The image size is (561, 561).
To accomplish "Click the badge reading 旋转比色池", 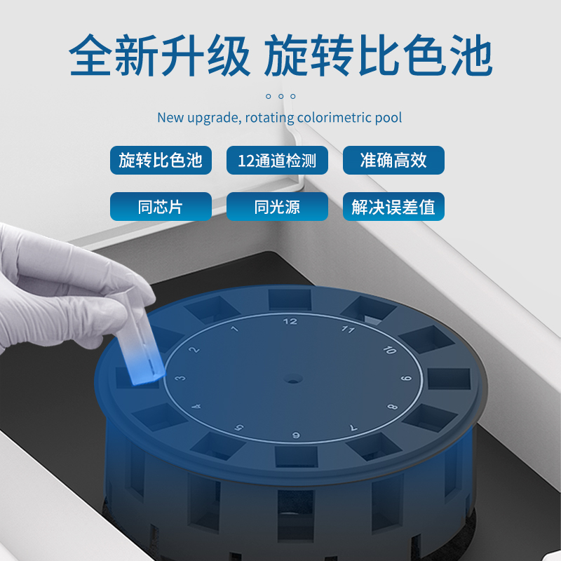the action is [x=161, y=160].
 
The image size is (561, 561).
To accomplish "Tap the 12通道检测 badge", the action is [x=277, y=160].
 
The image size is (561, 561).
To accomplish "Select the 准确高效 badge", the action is [x=393, y=160].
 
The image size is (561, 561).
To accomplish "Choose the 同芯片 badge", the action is [x=161, y=206].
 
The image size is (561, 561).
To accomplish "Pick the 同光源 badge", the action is [x=277, y=206].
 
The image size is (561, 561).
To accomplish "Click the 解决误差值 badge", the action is [x=393, y=206].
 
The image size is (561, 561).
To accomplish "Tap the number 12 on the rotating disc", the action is [x=290, y=321].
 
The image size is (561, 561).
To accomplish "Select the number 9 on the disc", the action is [x=406, y=378].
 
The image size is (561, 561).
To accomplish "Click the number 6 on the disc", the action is [x=296, y=435].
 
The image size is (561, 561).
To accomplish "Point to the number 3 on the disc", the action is [x=180, y=378].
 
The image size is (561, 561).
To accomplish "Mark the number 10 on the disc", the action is [x=390, y=349].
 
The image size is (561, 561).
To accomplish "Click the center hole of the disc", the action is [x=293, y=379].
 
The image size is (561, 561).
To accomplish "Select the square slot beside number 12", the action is [x=290, y=300].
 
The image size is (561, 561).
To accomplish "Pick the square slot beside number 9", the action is [x=449, y=379].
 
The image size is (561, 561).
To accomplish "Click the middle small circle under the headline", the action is [x=281, y=96].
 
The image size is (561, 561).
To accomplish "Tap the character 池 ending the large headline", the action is [x=471, y=55].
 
